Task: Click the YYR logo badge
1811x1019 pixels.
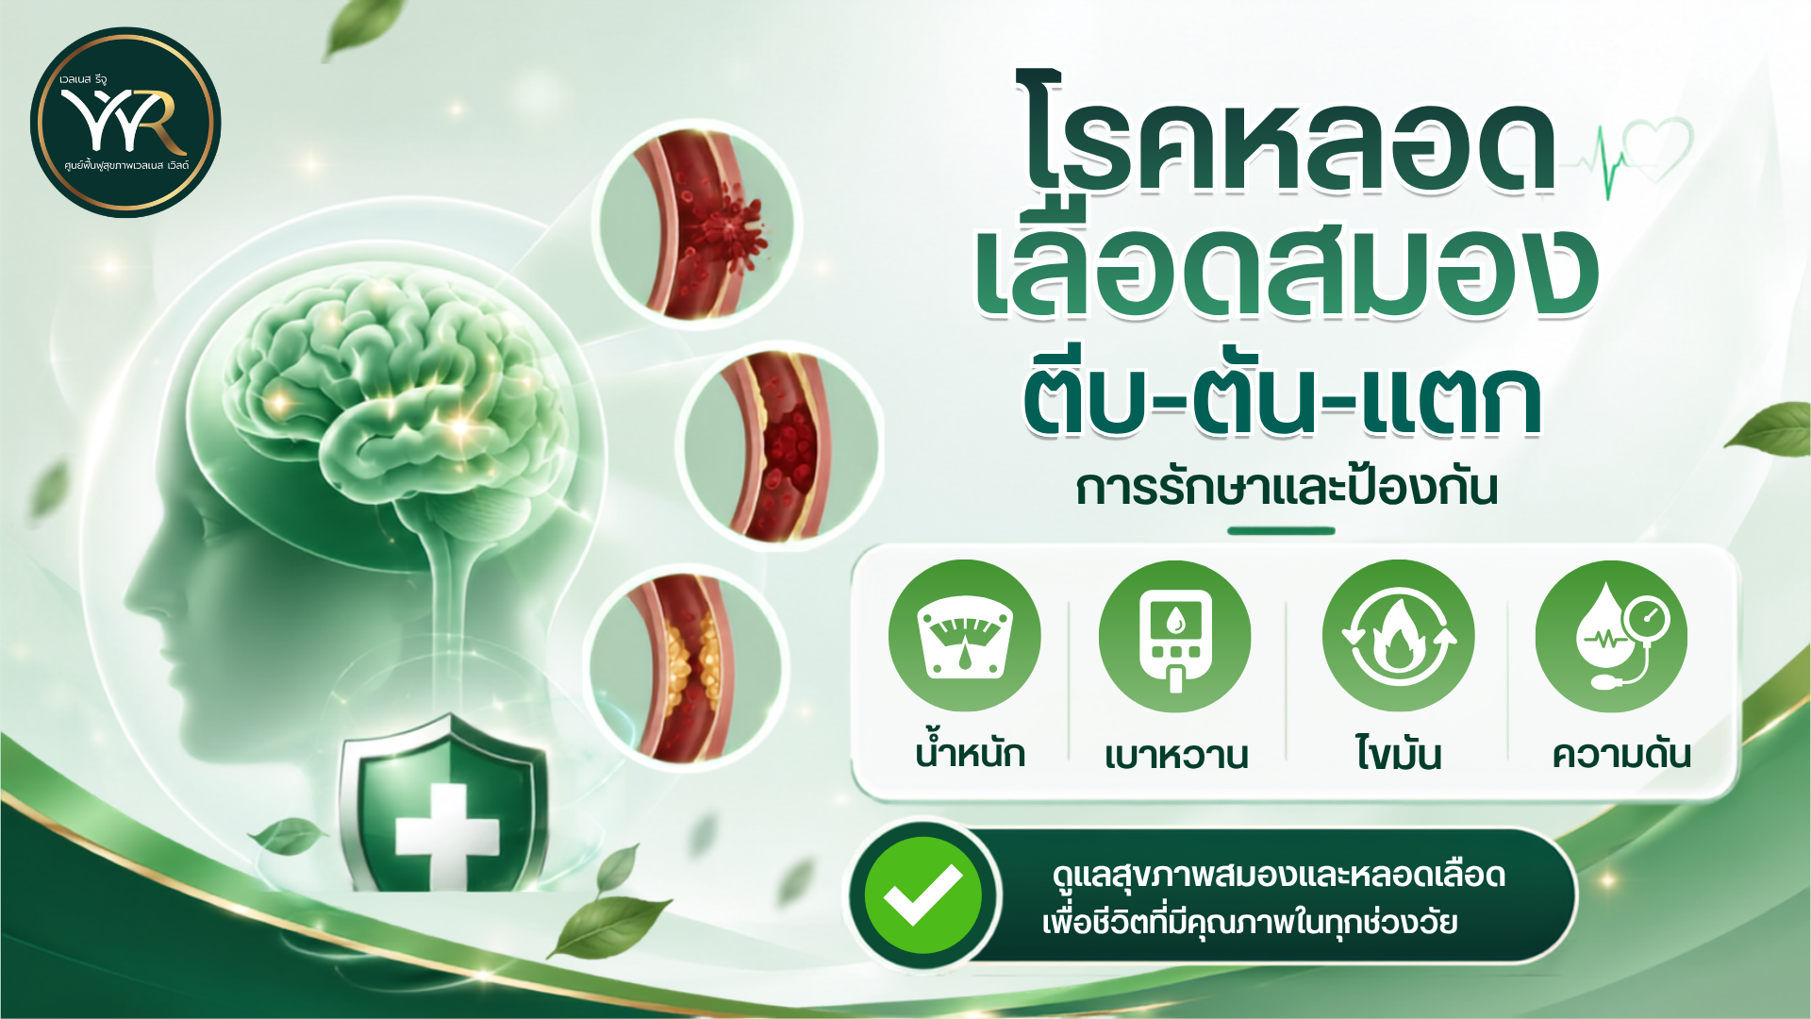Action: [125, 123]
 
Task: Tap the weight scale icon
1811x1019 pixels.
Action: [964, 635]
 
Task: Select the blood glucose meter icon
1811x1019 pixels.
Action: [1174, 636]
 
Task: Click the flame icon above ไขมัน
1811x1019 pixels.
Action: [1398, 636]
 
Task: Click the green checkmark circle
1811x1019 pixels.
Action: [922, 895]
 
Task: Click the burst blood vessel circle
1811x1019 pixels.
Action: [696, 223]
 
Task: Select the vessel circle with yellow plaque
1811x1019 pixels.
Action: [687, 668]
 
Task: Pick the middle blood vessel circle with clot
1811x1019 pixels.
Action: [781, 446]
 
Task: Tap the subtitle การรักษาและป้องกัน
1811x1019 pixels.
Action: [1287, 488]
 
